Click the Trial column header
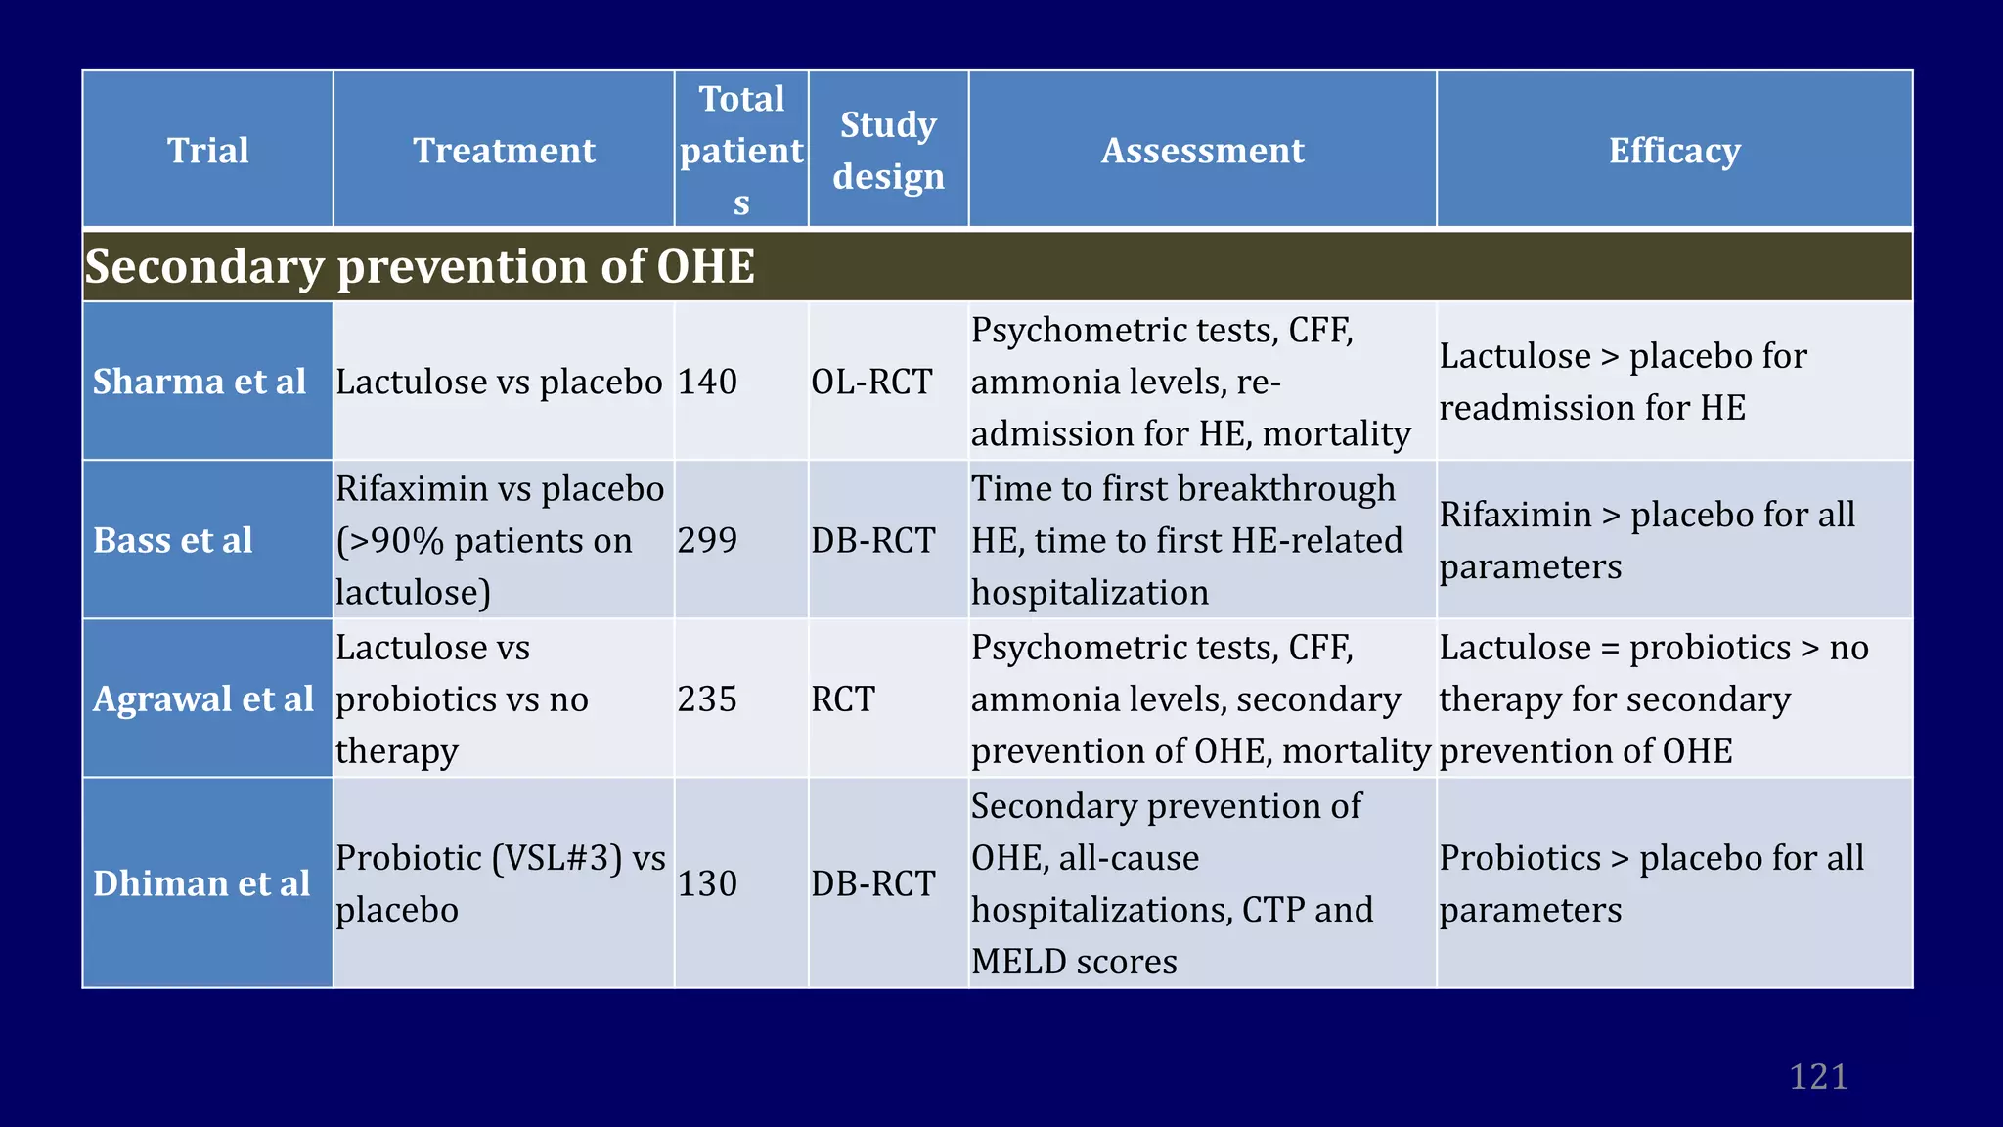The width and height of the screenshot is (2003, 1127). click(x=207, y=151)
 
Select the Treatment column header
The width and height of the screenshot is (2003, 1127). click(x=504, y=151)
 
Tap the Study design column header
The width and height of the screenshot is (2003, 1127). click(x=888, y=151)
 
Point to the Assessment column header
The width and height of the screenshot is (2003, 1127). click(x=1202, y=151)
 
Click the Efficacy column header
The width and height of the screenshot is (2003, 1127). click(x=1674, y=151)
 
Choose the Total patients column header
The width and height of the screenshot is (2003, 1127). click(x=741, y=151)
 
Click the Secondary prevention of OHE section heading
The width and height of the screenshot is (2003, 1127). click(x=420, y=266)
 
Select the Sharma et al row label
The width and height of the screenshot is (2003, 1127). click(x=200, y=382)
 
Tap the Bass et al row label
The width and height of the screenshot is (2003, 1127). click(x=173, y=540)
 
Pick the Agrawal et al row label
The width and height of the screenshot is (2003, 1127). click(x=203, y=699)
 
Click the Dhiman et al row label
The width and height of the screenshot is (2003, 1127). click(x=201, y=883)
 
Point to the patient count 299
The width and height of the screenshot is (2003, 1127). click(x=707, y=540)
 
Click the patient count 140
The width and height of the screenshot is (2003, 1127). click(x=707, y=382)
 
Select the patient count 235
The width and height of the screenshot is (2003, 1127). click(x=707, y=699)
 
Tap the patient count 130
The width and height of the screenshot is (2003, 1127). click(x=707, y=883)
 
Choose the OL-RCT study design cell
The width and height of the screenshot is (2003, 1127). click(x=871, y=382)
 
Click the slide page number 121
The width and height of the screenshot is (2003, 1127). click(x=1818, y=1076)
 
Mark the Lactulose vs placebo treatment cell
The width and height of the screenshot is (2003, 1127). click(x=499, y=382)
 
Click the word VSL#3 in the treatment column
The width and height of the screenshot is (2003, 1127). click(x=557, y=858)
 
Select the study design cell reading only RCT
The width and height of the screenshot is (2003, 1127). click(x=843, y=699)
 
